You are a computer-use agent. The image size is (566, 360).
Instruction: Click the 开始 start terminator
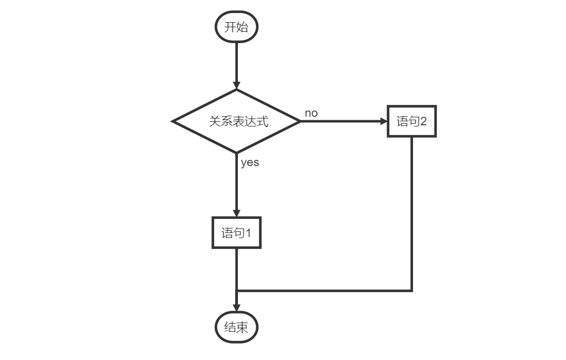click(236, 27)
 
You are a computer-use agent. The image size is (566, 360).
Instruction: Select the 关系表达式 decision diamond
click(236, 121)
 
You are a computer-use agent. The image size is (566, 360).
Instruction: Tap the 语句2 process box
click(412, 121)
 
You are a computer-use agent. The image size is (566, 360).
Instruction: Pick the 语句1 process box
click(236, 232)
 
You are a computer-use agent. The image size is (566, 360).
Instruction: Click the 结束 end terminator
click(236, 327)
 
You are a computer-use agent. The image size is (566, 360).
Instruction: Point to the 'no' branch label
click(311, 113)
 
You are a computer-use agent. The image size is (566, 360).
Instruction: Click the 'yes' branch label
click(250, 162)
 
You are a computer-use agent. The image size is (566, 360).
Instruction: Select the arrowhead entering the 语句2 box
click(383, 121)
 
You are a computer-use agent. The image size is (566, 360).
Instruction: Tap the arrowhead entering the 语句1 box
click(236, 213)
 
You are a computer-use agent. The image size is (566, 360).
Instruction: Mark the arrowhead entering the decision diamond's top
click(236, 84)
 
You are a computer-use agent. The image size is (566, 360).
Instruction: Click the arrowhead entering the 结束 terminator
click(236, 308)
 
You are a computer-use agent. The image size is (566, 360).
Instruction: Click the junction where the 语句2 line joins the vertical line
click(236, 291)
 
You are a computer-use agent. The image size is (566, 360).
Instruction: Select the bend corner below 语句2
click(412, 291)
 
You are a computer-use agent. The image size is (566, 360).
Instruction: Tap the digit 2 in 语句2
click(422, 121)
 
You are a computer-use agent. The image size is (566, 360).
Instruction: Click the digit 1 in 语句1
click(247, 232)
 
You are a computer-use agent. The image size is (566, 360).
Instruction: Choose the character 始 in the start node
click(242, 27)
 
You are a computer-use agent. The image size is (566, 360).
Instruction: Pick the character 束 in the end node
click(242, 327)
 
